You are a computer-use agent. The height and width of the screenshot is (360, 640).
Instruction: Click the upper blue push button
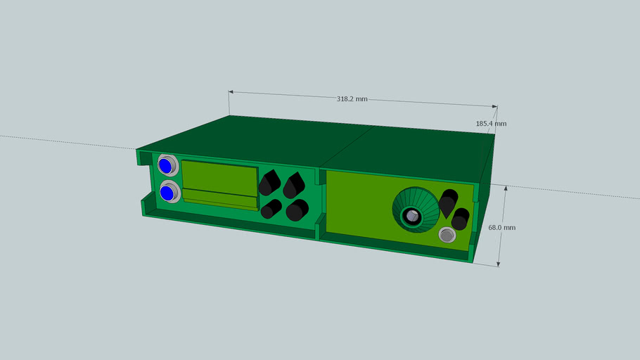pos(167,166)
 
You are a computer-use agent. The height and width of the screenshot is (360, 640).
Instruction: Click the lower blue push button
pos(169,191)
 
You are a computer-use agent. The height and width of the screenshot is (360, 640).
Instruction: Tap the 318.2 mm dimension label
pos(352,99)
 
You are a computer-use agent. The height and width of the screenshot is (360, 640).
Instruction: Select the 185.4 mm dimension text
pos(491,124)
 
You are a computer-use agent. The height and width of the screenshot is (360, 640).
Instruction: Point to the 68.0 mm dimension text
pos(501,228)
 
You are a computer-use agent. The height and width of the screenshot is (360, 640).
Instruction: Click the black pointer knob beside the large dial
pos(448,202)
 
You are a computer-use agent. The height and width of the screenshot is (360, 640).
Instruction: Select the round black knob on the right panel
pos(461,219)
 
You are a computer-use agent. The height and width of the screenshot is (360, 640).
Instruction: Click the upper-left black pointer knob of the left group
pos(269,184)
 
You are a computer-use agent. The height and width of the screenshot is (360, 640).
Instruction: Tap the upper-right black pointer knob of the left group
pos(294,186)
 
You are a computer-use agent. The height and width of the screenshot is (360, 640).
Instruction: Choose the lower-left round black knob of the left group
pos(271,209)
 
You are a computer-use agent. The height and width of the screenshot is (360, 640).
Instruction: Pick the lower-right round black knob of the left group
pos(297,210)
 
